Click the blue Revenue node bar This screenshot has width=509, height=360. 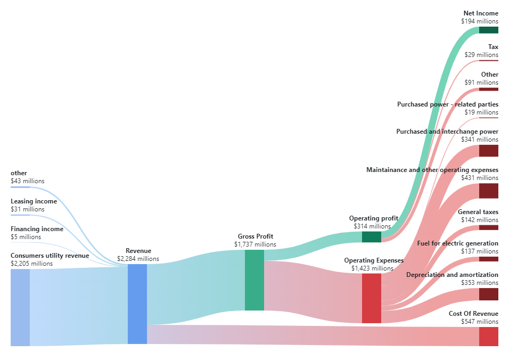pos(137,304)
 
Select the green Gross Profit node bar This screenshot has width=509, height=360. pos(254,280)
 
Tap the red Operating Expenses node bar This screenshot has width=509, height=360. pos(371,298)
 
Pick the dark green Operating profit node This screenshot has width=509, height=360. pos(371,237)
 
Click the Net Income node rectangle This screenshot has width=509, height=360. pos(488,30)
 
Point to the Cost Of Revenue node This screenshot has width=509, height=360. pos(488,337)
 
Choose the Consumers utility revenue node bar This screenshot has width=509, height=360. pos(20,307)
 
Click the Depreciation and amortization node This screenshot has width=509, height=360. pos(488,294)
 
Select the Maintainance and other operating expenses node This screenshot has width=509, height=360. pos(488,191)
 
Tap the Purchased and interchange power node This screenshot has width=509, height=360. pos(488,151)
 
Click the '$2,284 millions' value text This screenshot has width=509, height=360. pos(138,259)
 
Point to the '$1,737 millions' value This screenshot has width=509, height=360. pos(255,244)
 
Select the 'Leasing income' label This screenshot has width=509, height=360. pos(34,201)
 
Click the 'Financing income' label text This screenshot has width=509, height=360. pos(37,229)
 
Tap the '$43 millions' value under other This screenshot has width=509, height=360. pos(27,181)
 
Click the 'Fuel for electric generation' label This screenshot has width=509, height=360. pos(457,243)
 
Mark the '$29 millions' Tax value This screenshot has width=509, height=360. pos(481,55)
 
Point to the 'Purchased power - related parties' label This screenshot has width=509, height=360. pos(447,104)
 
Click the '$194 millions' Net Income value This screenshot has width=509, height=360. pos(480,21)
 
